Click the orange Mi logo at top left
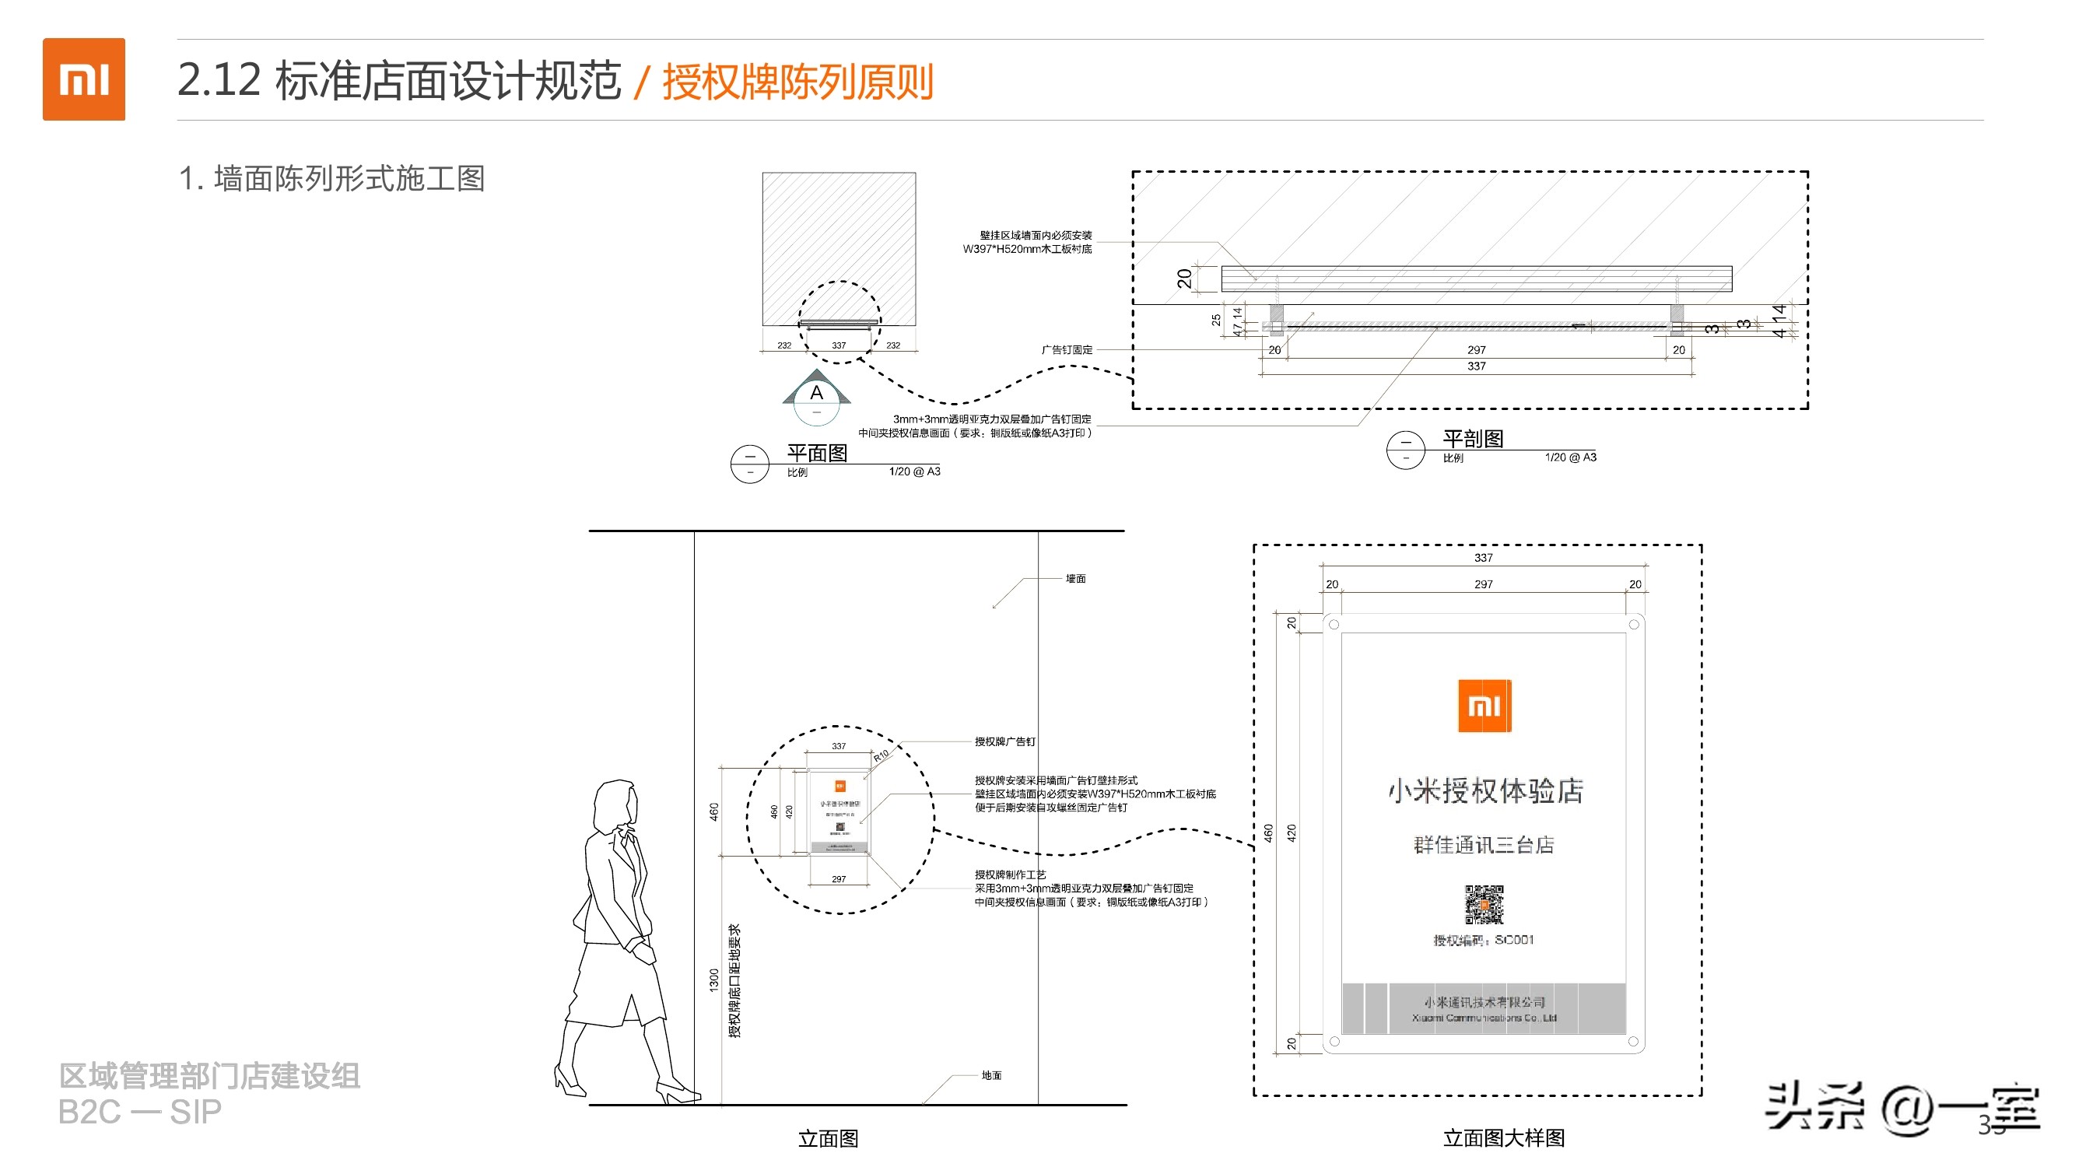point(84,79)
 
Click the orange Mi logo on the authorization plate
point(1484,706)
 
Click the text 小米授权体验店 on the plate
point(1484,791)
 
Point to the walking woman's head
point(617,805)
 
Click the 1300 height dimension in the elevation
point(713,980)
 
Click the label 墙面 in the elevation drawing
point(1075,578)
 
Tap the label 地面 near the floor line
point(990,1075)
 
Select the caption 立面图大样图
point(1503,1138)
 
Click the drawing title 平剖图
point(1473,439)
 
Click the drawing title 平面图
point(817,454)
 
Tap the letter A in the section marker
point(816,393)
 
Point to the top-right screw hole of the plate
point(1634,625)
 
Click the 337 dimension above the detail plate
point(1483,557)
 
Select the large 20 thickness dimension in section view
point(1184,279)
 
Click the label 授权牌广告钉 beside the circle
point(1004,741)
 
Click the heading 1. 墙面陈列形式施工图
point(332,179)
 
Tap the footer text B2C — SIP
point(139,1113)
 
